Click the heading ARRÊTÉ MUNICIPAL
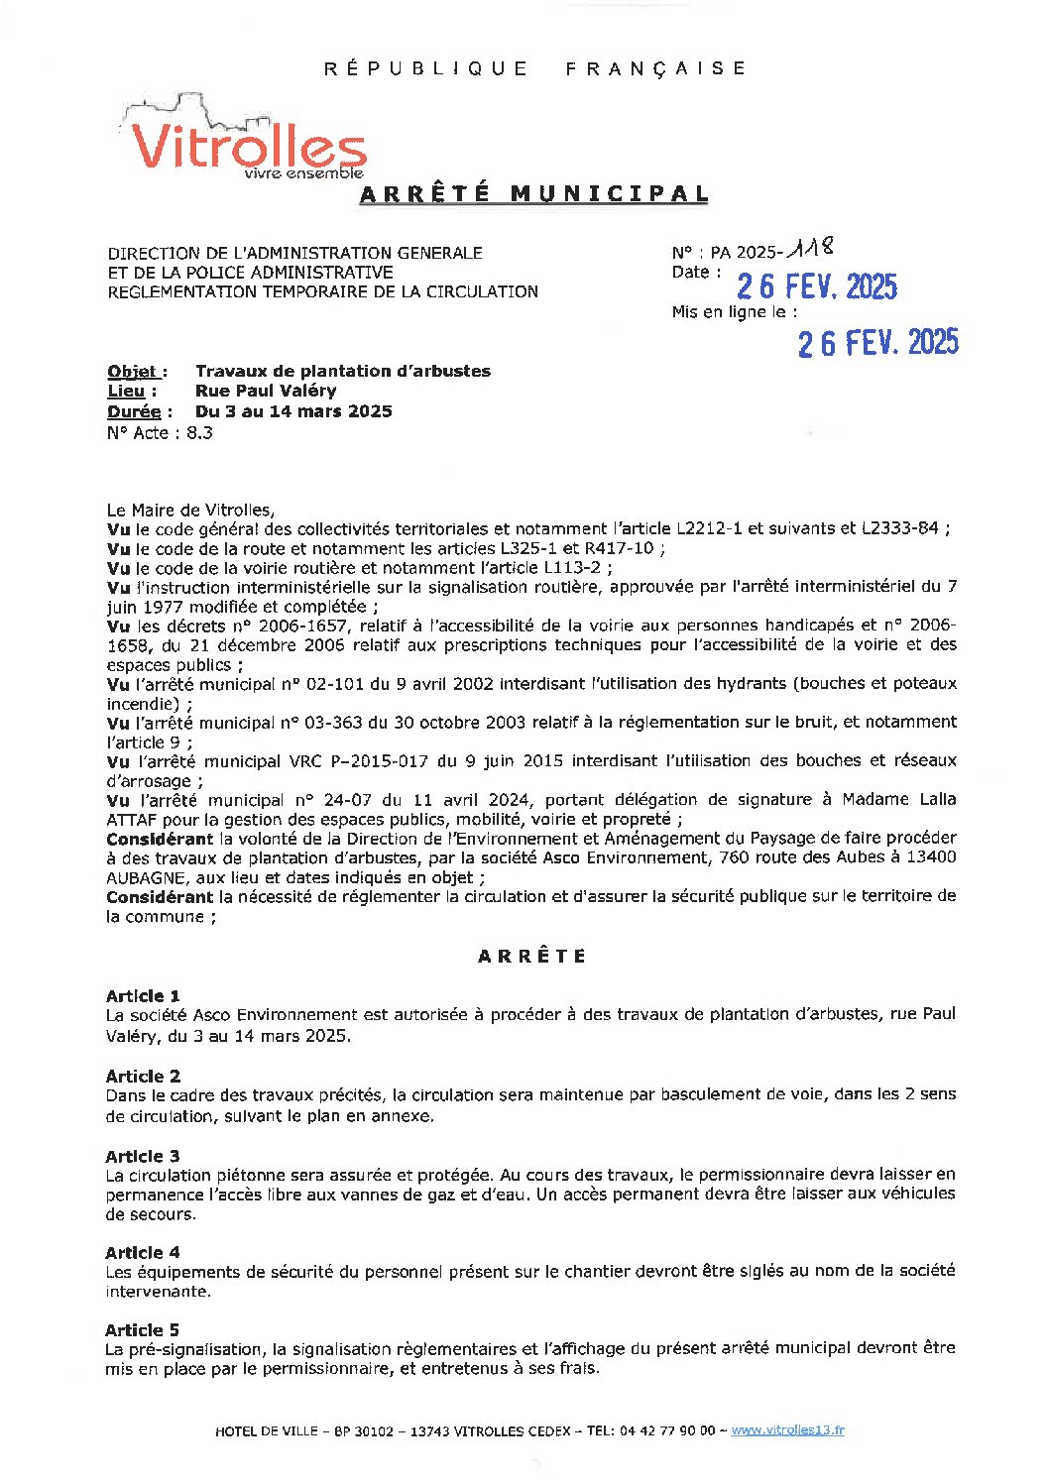(x=533, y=194)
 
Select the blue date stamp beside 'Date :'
(x=816, y=286)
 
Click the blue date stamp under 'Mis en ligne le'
(x=877, y=343)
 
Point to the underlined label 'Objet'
(x=134, y=372)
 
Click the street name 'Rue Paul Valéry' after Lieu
(x=266, y=392)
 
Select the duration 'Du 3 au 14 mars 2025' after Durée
(x=293, y=411)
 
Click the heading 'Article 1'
(x=143, y=996)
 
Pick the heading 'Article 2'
(x=143, y=1077)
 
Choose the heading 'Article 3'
(x=143, y=1156)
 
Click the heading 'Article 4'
(x=143, y=1253)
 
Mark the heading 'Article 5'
(x=143, y=1330)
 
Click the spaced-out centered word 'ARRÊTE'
(x=532, y=957)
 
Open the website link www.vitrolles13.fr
(x=787, y=1430)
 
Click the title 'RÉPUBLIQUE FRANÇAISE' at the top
(x=535, y=68)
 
